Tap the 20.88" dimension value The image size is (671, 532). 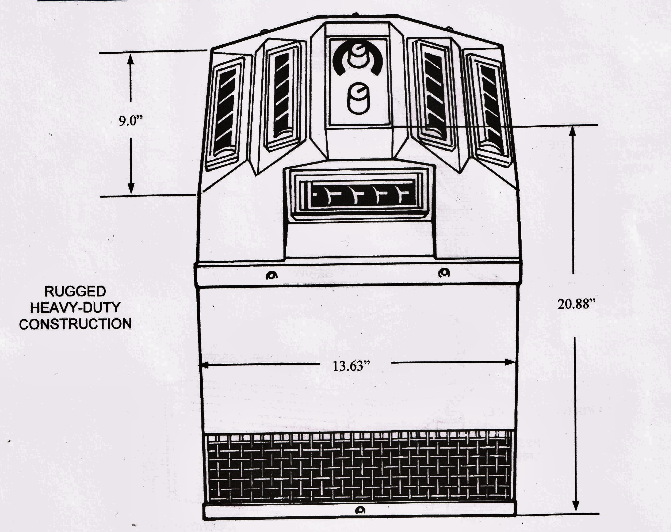578,304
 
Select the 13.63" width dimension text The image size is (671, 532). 352,366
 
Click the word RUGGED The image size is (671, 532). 75,292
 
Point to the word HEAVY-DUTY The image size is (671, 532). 75,308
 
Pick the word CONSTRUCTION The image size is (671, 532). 75,324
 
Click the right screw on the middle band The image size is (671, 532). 444,273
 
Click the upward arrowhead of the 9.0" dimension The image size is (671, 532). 131,59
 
